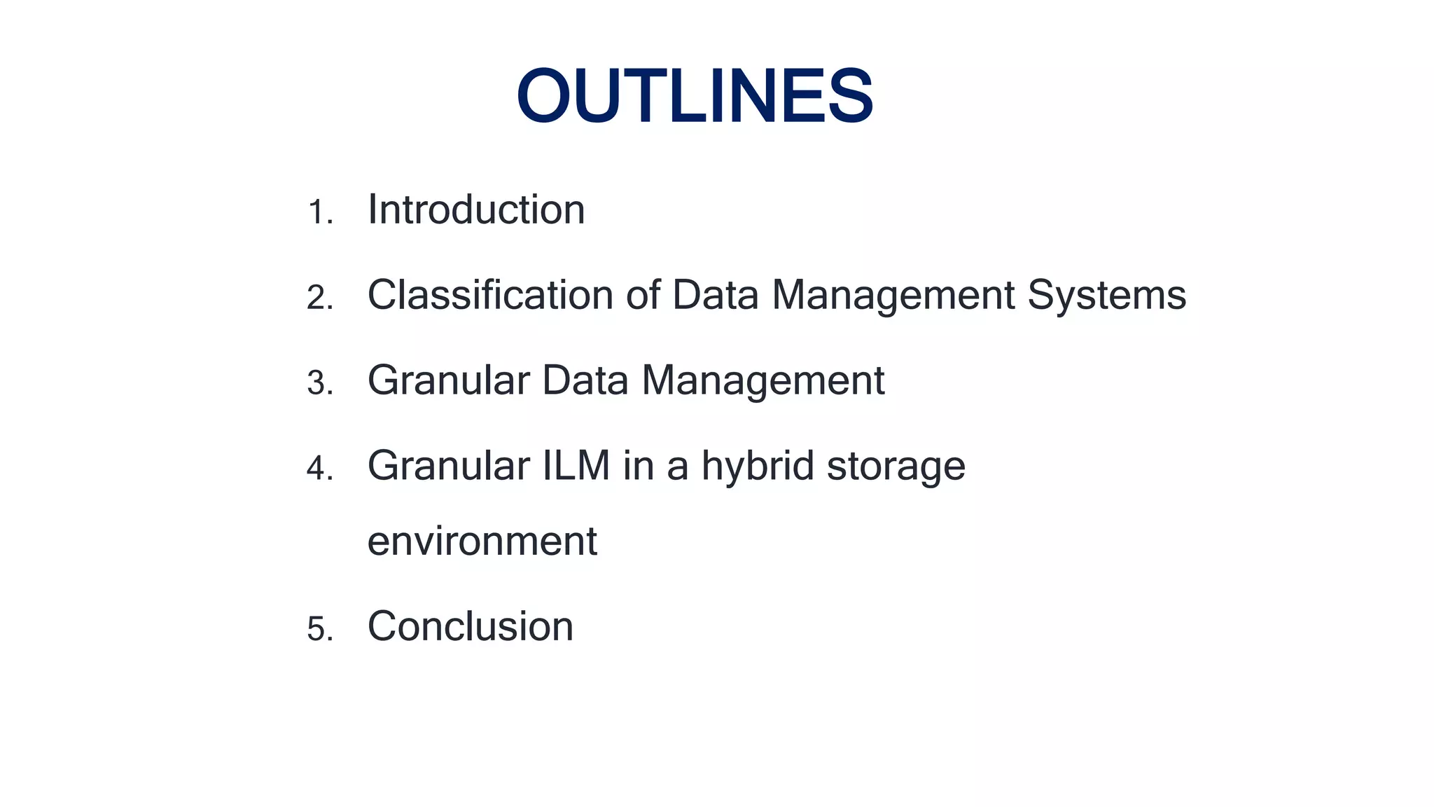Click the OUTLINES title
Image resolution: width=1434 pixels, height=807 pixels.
click(x=695, y=96)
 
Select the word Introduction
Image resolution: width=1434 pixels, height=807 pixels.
click(x=476, y=209)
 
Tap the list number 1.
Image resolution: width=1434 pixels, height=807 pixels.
click(x=319, y=212)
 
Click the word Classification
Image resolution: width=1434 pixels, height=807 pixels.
click(x=490, y=295)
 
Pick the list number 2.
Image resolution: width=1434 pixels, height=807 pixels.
click(x=319, y=298)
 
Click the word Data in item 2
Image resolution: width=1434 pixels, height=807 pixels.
click(x=715, y=295)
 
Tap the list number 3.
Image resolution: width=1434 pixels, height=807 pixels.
click(x=319, y=383)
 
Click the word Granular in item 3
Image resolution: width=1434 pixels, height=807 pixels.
click(x=448, y=380)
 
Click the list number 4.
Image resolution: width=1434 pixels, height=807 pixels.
click(x=319, y=469)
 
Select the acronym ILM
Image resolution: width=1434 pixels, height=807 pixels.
click(x=576, y=466)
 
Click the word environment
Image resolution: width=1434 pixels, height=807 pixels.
click(x=482, y=542)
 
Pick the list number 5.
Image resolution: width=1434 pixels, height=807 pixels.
click(x=319, y=628)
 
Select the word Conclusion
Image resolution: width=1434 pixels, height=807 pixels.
click(x=470, y=626)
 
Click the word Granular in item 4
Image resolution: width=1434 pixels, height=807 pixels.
click(x=448, y=466)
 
